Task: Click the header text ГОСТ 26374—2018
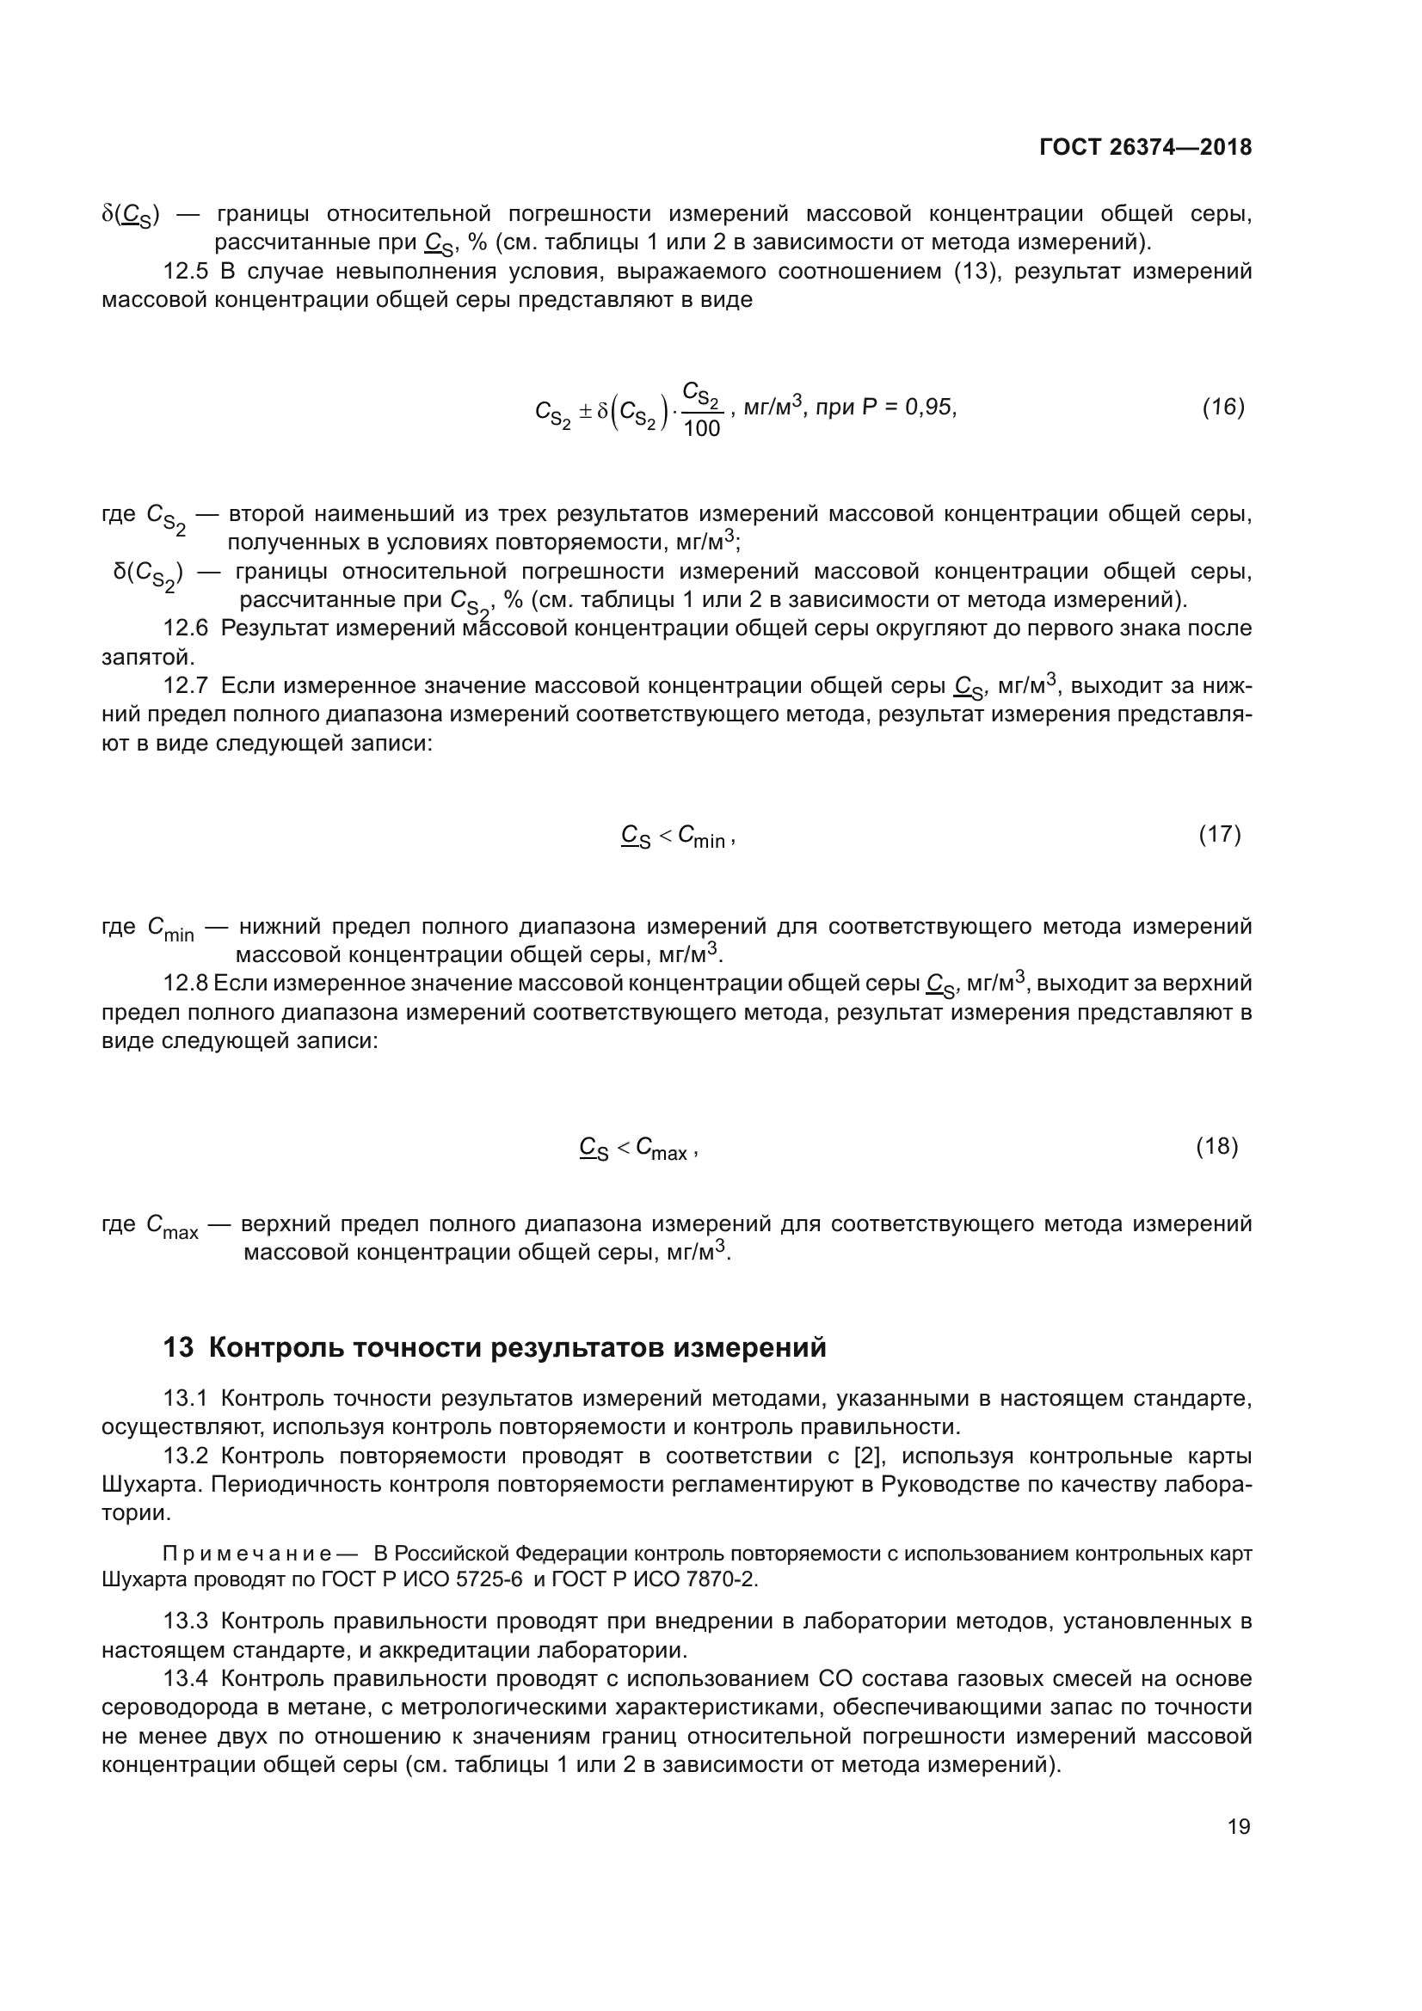pos(1145,147)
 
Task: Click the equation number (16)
pos(1223,407)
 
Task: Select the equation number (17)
pos(1220,834)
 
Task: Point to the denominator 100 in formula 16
pos(701,428)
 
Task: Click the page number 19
pos(1239,1826)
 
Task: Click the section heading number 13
pos(178,1346)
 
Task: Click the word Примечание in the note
pos(247,1554)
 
